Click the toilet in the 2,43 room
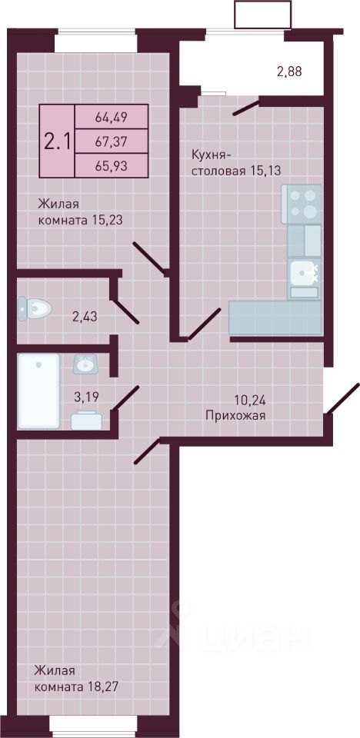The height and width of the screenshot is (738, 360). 35,309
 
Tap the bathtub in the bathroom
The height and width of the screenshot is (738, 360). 38,391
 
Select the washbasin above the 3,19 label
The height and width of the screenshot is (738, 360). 85,364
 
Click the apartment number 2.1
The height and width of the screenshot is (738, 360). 58,141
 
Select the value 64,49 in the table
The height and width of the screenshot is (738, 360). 112,116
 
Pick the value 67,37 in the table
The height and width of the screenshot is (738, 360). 112,141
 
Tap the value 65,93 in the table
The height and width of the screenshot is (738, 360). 112,165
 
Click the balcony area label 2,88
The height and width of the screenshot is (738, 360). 289,72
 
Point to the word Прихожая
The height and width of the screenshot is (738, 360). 236,416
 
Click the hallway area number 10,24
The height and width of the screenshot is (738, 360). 250,401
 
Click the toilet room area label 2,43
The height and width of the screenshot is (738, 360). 85,317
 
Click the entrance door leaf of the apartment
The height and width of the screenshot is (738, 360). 342,398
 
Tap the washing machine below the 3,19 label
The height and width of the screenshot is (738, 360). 86,420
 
